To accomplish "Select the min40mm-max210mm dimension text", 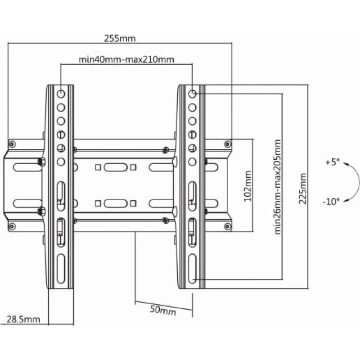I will pyautogui.click(x=126, y=59).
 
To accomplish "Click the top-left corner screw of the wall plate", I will pyautogui.click(x=12, y=144).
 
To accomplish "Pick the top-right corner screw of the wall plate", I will pyautogui.click(x=228, y=144).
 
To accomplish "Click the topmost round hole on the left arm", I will pyautogui.click(x=61, y=94).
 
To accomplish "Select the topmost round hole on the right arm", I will pyautogui.click(x=192, y=94).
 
